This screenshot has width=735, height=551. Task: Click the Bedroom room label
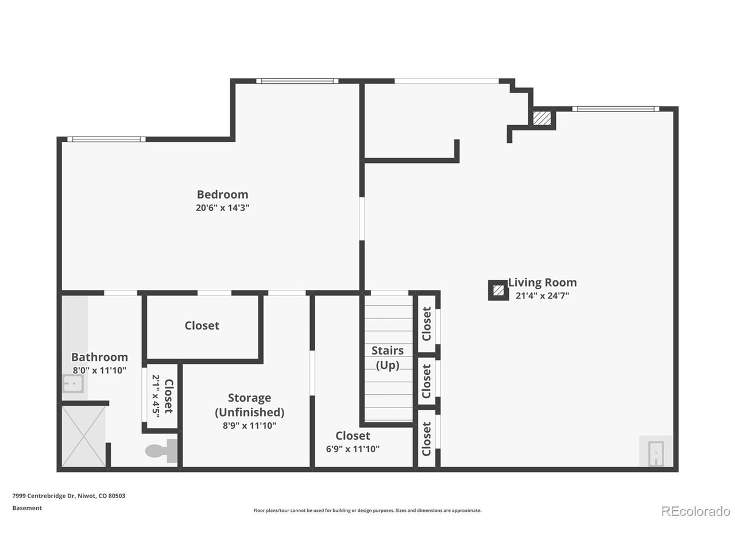coord(222,195)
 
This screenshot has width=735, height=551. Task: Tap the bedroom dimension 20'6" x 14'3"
coord(222,208)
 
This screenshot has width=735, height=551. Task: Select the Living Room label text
coord(542,282)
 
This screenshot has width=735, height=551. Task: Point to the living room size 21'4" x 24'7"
coord(542,296)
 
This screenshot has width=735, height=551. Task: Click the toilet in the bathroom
coord(161,451)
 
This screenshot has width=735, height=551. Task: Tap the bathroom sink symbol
coord(73,383)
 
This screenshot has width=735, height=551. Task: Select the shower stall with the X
coord(83,437)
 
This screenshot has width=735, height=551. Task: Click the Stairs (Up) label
coord(388,358)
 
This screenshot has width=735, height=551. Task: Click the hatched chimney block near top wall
coord(541,118)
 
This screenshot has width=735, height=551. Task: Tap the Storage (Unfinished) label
coord(249,405)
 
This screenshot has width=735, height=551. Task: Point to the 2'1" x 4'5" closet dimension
coord(156,396)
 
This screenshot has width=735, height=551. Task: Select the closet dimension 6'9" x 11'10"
coord(353,449)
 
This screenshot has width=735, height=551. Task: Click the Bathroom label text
coord(99,357)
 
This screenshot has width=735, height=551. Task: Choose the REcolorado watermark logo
coord(695,511)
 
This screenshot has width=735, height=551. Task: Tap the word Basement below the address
coord(27,508)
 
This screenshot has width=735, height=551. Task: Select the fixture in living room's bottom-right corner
coord(655,452)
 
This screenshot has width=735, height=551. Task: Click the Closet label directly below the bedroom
coord(202,325)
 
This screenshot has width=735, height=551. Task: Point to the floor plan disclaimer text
coord(367,510)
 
